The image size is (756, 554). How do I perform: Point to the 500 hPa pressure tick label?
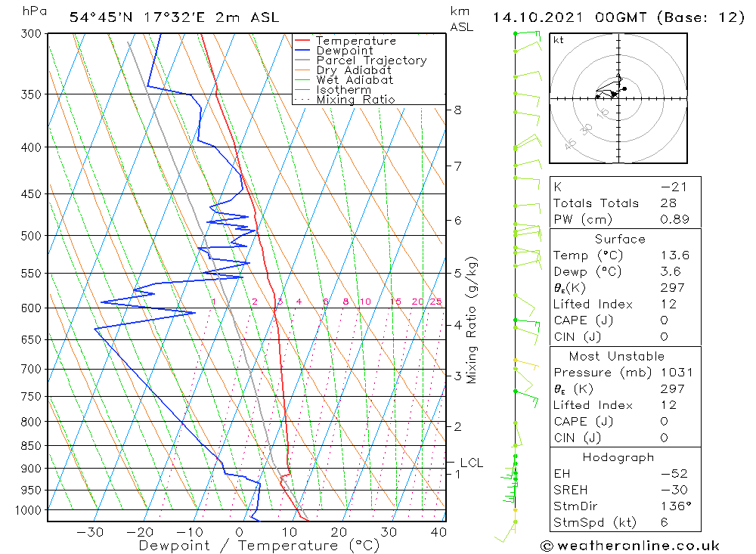(x=31, y=236)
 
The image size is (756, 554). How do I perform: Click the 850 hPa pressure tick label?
(x=31, y=446)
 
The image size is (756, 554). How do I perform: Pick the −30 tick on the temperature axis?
(x=90, y=532)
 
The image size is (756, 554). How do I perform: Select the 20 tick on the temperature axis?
(x=339, y=532)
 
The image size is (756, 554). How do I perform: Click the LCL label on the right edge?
(x=471, y=463)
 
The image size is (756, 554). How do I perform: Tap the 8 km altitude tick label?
(x=457, y=110)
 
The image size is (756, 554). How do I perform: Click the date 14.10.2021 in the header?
(x=538, y=17)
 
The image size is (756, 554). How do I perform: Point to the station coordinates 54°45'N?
(x=101, y=17)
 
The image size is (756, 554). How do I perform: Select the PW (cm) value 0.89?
(x=674, y=219)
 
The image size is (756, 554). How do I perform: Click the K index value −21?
(x=674, y=187)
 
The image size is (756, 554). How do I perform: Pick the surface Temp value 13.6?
(x=675, y=255)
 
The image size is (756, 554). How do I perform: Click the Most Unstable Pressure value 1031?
(x=677, y=373)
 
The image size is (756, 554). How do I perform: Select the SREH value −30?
(x=674, y=490)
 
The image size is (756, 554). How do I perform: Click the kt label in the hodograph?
(x=559, y=40)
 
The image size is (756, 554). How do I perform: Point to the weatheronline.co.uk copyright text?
(x=630, y=546)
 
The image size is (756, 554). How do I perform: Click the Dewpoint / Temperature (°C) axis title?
(x=259, y=546)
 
